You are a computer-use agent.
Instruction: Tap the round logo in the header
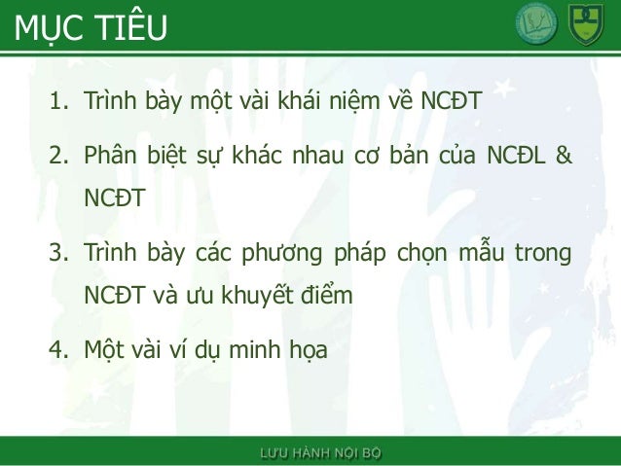pyautogui.click(x=536, y=23)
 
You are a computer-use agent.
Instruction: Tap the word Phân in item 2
pyautogui.click(x=110, y=156)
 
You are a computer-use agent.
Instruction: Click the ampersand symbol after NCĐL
pyautogui.click(x=563, y=156)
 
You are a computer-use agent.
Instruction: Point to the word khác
pyautogui.click(x=253, y=156)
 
